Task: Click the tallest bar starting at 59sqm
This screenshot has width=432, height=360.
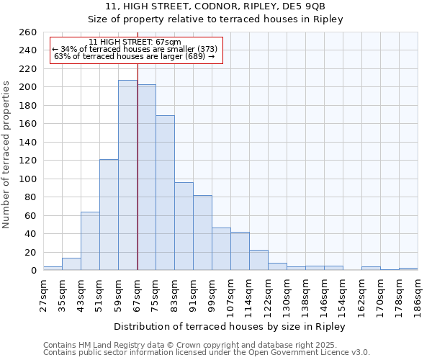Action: tap(127, 175)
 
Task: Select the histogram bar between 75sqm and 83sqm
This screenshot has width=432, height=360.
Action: tap(165, 193)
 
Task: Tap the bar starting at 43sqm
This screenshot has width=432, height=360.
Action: tap(90, 241)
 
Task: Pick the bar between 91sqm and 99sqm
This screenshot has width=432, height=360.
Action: tap(202, 233)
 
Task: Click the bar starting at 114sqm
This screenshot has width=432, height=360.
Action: tap(258, 260)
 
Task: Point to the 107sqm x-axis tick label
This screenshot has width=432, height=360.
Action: tap(230, 294)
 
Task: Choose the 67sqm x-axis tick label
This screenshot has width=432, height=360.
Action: tap(137, 294)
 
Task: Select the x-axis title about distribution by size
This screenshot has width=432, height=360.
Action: tap(230, 327)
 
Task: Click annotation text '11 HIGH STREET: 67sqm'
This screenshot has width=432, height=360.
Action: tap(135, 42)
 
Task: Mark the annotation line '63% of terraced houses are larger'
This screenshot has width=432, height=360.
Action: tap(135, 56)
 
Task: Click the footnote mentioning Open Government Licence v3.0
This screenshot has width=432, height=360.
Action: tap(207, 353)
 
